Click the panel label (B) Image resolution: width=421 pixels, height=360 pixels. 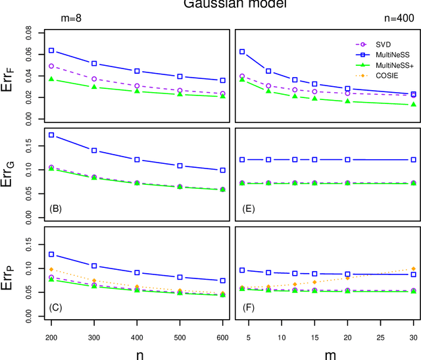(56, 209)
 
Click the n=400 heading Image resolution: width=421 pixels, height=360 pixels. (403, 21)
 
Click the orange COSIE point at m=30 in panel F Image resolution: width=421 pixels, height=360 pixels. (414, 269)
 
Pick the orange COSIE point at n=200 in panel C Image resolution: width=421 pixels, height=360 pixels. (51, 269)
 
